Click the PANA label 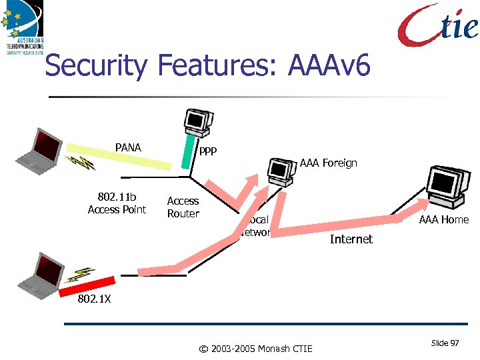tap(128, 147)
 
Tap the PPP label tap(207, 152)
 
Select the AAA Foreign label tap(328, 163)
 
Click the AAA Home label tap(443, 219)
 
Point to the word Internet tap(351, 239)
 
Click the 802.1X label tap(95, 299)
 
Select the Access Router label tap(183, 207)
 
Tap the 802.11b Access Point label tap(117, 203)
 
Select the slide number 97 tap(445, 343)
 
